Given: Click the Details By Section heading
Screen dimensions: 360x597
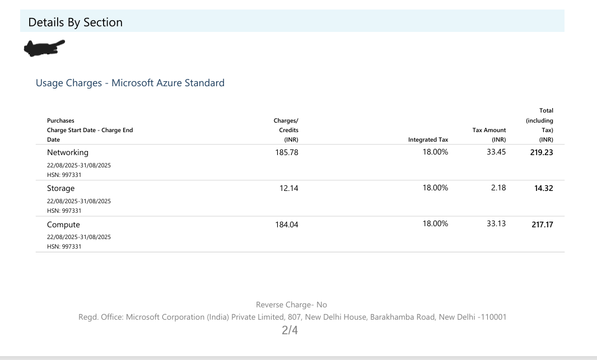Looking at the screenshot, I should (x=75, y=22).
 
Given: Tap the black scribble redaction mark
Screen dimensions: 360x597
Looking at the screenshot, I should (x=44, y=48).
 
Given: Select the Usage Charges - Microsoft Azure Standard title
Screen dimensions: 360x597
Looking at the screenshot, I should (x=130, y=83).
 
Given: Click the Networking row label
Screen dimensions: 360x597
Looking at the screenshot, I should (x=68, y=152).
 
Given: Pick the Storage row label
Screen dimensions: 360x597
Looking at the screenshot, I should (x=60, y=188).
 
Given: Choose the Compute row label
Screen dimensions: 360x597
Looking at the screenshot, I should (x=63, y=225).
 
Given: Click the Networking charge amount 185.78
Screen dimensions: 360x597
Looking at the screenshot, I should (x=287, y=152).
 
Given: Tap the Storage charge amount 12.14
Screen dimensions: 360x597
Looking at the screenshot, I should (x=289, y=188).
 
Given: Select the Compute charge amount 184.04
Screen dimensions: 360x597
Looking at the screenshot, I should (x=287, y=225).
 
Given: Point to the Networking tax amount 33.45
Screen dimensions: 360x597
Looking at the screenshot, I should (x=496, y=152).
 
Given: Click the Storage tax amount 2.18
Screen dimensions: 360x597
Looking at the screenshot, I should (x=498, y=188).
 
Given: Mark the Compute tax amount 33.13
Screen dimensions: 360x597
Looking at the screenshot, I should (x=496, y=223).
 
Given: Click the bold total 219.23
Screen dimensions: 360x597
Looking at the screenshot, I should (x=542, y=152).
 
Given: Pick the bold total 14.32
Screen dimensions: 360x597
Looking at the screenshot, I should (x=544, y=188).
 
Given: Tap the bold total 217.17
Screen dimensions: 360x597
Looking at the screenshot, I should (x=542, y=225).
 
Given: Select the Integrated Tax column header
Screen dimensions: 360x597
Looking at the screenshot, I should (x=428, y=140).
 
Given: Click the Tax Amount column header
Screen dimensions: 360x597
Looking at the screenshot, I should (x=489, y=130).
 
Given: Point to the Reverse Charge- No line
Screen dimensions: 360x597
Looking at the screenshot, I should (x=291, y=305).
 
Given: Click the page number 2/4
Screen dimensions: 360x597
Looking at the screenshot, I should (x=290, y=330).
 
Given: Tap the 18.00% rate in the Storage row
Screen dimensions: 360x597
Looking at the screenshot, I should (x=435, y=188).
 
